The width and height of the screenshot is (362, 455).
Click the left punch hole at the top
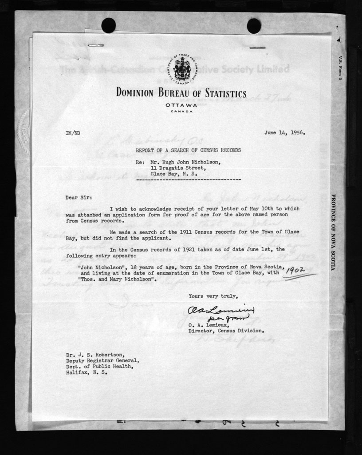click(108, 25)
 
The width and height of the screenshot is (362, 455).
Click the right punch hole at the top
click(254, 26)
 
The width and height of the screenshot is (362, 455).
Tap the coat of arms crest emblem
click(182, 69)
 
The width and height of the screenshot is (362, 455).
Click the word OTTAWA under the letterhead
click(181, 105)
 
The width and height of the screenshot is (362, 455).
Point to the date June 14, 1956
click(284, 132)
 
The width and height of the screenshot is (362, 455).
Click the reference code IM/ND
click(73, 133)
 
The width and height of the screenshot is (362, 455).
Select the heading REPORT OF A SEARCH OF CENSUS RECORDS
click(188, 150)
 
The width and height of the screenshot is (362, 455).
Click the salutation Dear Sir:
click(79, 198)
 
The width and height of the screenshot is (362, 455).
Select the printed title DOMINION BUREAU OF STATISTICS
click(181, 93)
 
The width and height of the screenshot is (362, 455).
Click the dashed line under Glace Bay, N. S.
click(188, 180)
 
